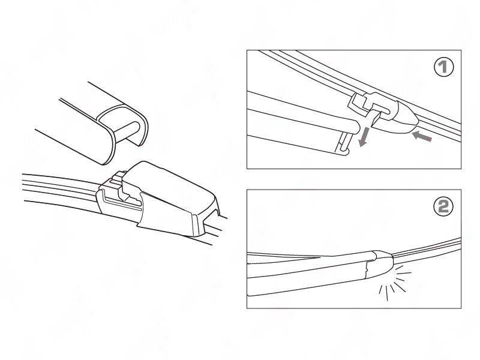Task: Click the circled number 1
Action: (444, 67)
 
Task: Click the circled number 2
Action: (444, 206)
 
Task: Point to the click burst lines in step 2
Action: (394, 282)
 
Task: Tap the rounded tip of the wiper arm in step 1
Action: (357, 127)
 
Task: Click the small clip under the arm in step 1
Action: (343, 143)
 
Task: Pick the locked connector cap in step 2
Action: (380, 263)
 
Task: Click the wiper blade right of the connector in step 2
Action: (427, 248)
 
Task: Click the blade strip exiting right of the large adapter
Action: (214, 232)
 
